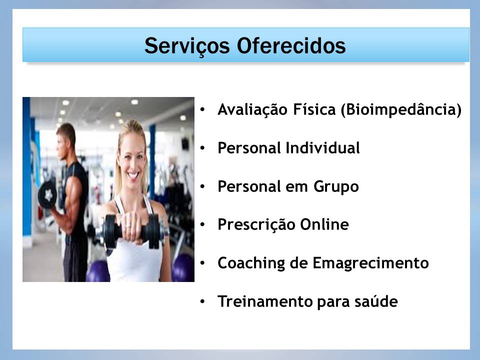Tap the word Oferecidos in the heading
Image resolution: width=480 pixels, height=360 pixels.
[x=291, y=46]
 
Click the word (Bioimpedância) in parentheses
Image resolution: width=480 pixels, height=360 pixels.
[x=401, y=110]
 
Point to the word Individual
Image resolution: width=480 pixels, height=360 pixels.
[x=322, y=148]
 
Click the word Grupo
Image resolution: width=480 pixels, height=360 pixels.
[x=336, y=186]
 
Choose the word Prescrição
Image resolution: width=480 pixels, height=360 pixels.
[x=256, y=225]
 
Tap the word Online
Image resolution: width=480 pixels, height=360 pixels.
[x=324, y=224]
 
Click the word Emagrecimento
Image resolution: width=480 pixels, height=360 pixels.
[x=370, y=263]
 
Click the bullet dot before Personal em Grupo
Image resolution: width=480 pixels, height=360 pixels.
[x=202, y=186]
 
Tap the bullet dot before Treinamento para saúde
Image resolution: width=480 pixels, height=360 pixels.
[x=202, y=301]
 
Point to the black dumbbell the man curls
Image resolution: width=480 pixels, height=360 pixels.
[x=47, y=194]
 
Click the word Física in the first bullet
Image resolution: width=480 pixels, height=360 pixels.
[x=314, y=109]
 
